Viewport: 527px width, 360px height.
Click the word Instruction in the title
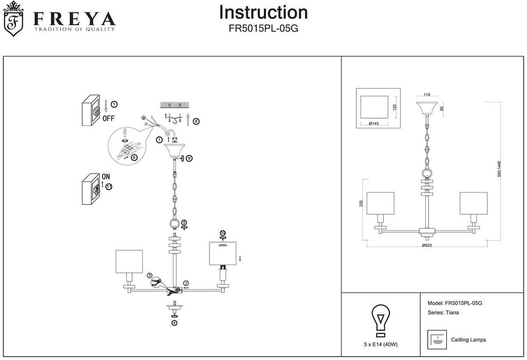[x=263, y=12]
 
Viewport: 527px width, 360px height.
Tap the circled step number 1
[x=114, y=104]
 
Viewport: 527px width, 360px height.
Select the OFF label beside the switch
[x=108, y=119]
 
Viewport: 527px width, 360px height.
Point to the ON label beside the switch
[x=106, y=176]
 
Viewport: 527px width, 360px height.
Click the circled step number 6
[x=196, y=121]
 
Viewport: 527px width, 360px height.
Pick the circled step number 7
[x=159, y=140]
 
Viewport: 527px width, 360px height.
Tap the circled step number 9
[x=189, y=158]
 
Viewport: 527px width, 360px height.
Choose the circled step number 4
[x=174, y=323]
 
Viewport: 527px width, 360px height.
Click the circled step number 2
[x=186, y=284]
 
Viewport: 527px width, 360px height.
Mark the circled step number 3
[x=150, y=275]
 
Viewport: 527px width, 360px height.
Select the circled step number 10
[x=223, y=233]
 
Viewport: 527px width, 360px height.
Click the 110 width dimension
[x=427, y=95]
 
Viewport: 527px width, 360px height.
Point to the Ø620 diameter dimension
[x=427, y=245]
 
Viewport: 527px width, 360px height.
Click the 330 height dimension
[x=361, y=204]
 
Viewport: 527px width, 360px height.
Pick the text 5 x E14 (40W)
[x=381, y=345]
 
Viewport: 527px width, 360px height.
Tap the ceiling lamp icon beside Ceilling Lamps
[x=437, y=339]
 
